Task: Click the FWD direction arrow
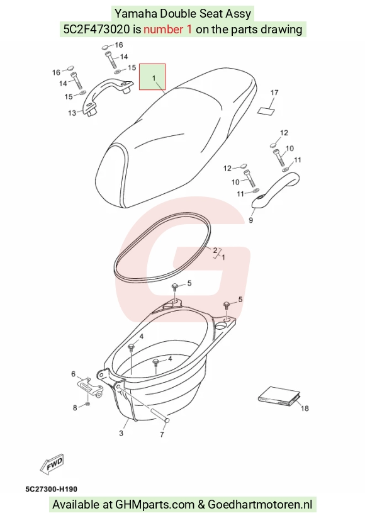point(52,464)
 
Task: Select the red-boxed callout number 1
point(154,78)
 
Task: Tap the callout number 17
point(274,93)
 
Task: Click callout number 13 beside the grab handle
point(72,113)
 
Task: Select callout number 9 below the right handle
point(250,220)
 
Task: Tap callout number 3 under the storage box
point(121,433)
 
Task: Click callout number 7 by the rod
point(162,434)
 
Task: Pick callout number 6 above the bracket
point(74,374)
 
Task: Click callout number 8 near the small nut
point(75,408)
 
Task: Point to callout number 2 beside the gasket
point(215,251)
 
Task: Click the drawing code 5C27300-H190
point(52,489)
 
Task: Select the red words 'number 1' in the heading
point(168,30)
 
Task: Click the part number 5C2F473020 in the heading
point(96,30)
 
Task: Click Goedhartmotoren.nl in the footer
point(260,504)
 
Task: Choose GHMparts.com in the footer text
point(155,504)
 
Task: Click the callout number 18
point(305,408)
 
